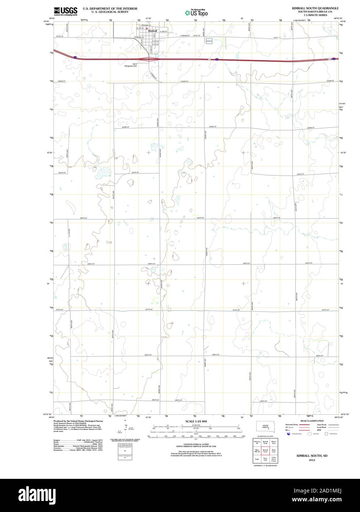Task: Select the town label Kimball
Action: click(x=152, y=31)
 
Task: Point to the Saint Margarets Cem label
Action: click(x=137, y=65)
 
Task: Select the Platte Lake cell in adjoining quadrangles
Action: click(x=273, y=450)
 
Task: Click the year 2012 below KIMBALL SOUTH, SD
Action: click(x=312, y=460)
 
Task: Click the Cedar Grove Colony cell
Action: click(x=273, y=459)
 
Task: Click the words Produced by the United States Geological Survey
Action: click(x=78, y=421)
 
